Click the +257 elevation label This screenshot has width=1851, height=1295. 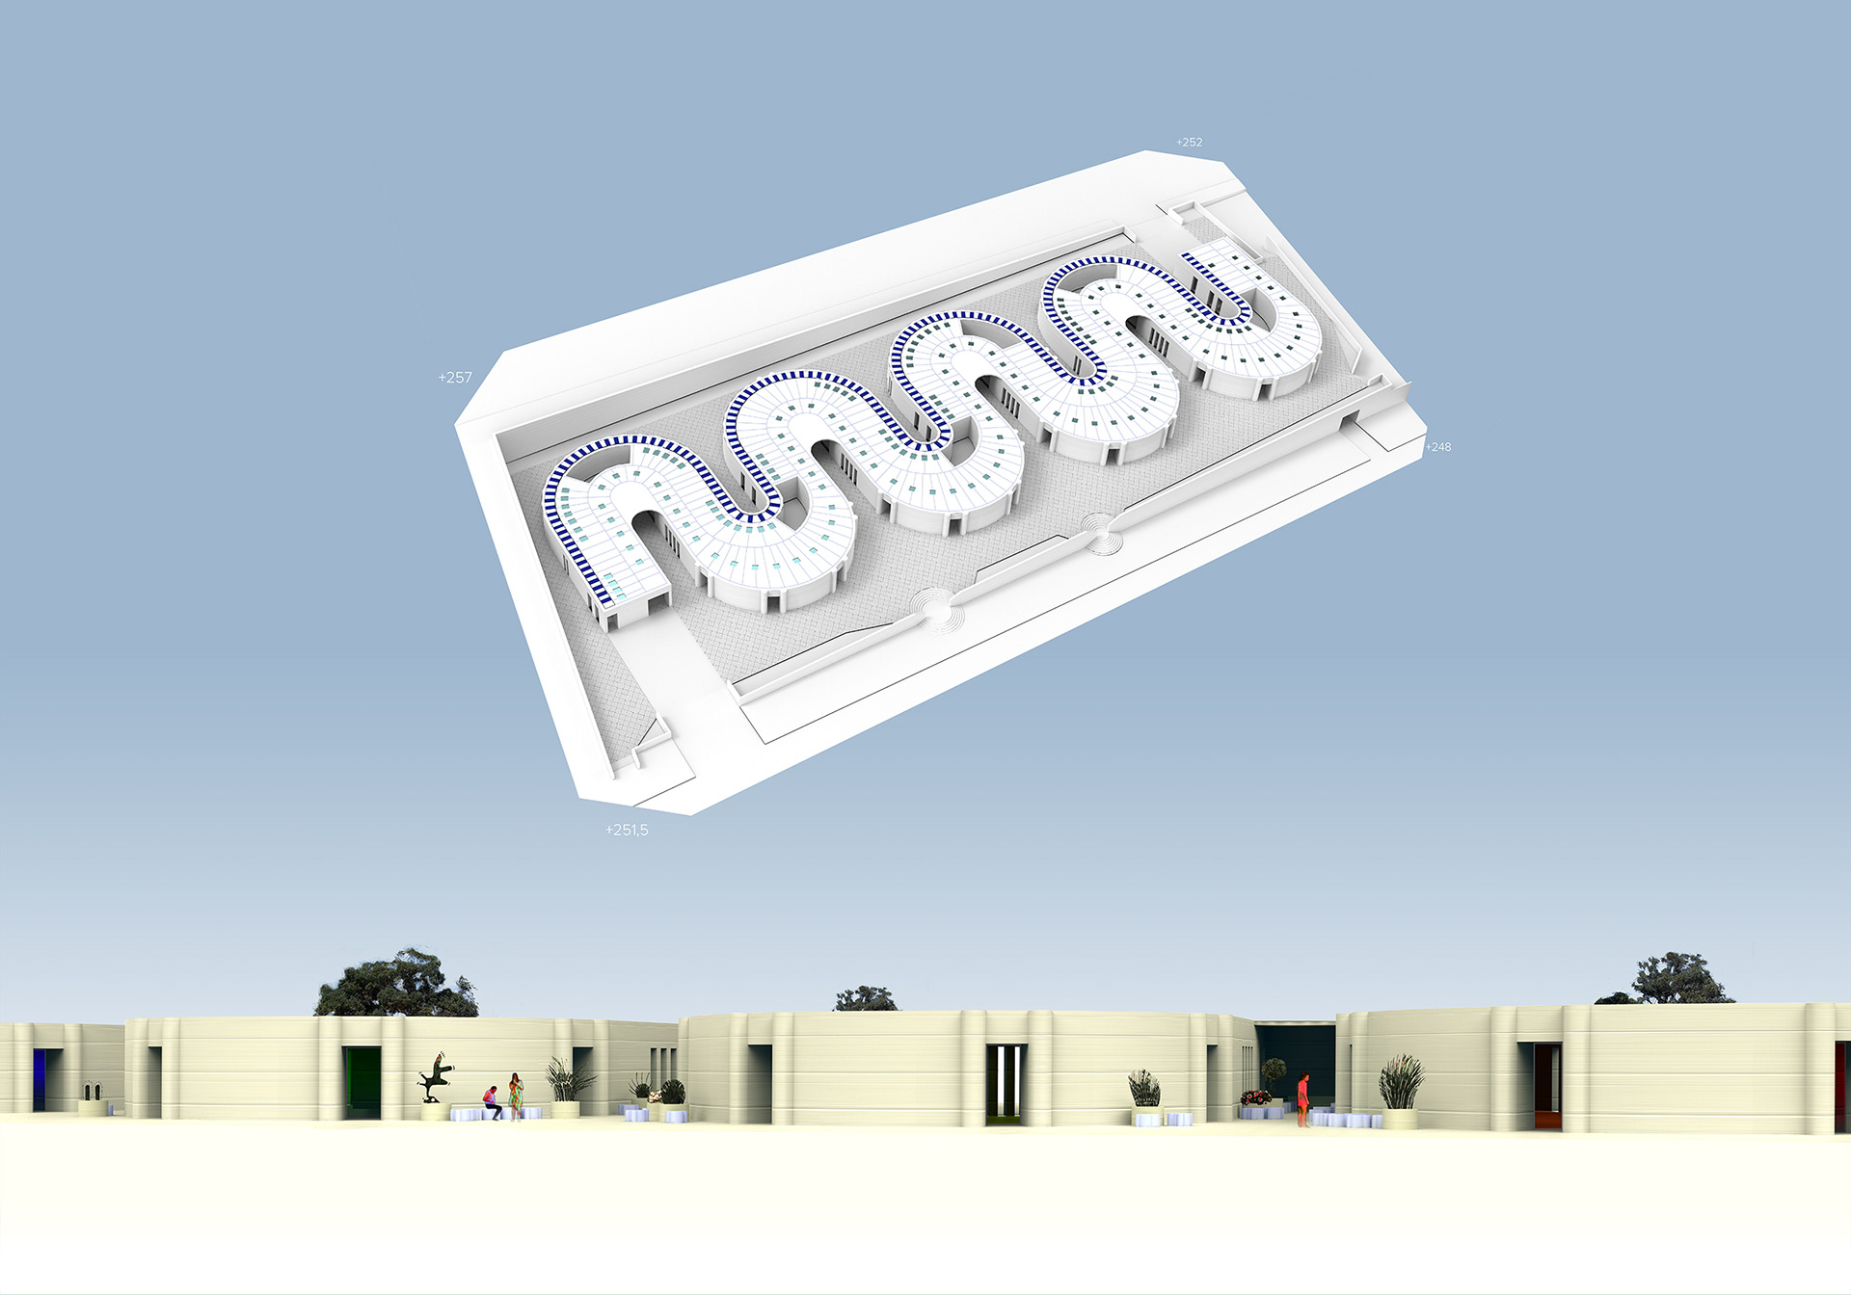455,378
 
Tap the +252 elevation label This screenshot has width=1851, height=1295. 1189,143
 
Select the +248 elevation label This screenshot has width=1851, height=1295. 1438,447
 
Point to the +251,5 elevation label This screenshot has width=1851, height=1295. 627,830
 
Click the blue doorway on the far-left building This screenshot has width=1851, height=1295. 39,1080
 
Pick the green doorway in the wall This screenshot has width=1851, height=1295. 362,1078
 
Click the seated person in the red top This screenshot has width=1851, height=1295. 493,1102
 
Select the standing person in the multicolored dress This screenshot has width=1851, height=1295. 516,1097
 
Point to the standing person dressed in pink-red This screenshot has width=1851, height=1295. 1303,1099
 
